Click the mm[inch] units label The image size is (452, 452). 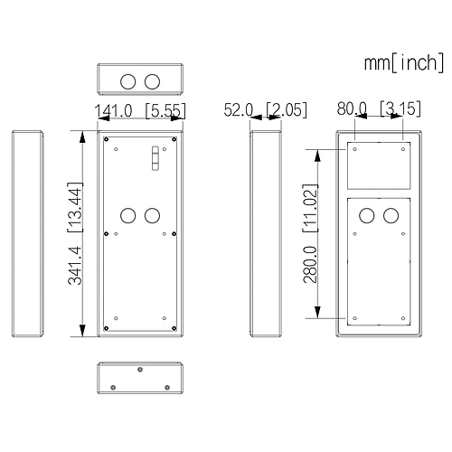404,62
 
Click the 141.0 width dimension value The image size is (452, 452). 113,110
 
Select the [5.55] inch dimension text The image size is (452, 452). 165,110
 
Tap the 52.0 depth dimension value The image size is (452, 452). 238,109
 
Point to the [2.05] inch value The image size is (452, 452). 287,109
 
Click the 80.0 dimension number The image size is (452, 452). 352,108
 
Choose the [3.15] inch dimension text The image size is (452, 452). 400,108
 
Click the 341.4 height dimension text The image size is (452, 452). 75,265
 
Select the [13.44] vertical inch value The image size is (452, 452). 74,207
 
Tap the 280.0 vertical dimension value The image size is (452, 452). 310,264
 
